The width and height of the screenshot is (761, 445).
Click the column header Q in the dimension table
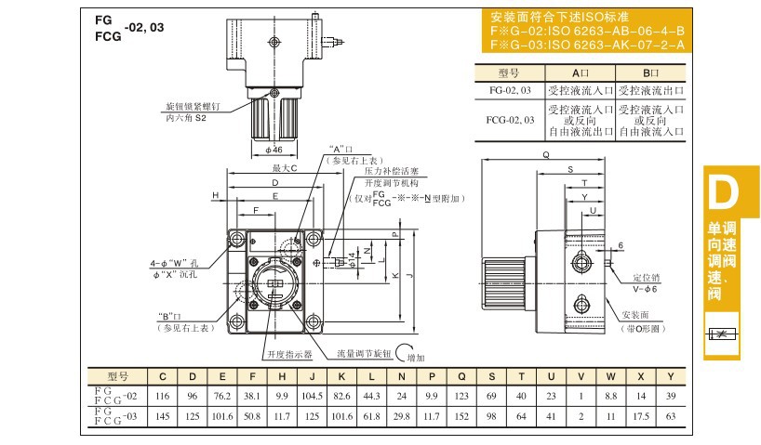pos(461,376)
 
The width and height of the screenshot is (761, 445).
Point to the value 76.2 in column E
pos(221,396)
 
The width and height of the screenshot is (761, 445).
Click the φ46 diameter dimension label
pos(274,149)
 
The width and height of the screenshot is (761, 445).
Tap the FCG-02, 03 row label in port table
pos(510,120)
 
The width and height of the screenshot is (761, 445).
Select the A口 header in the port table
pos(581,72)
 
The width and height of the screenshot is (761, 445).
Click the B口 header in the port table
pos(650,72)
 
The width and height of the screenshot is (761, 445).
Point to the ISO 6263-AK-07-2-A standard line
pos(587,44)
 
